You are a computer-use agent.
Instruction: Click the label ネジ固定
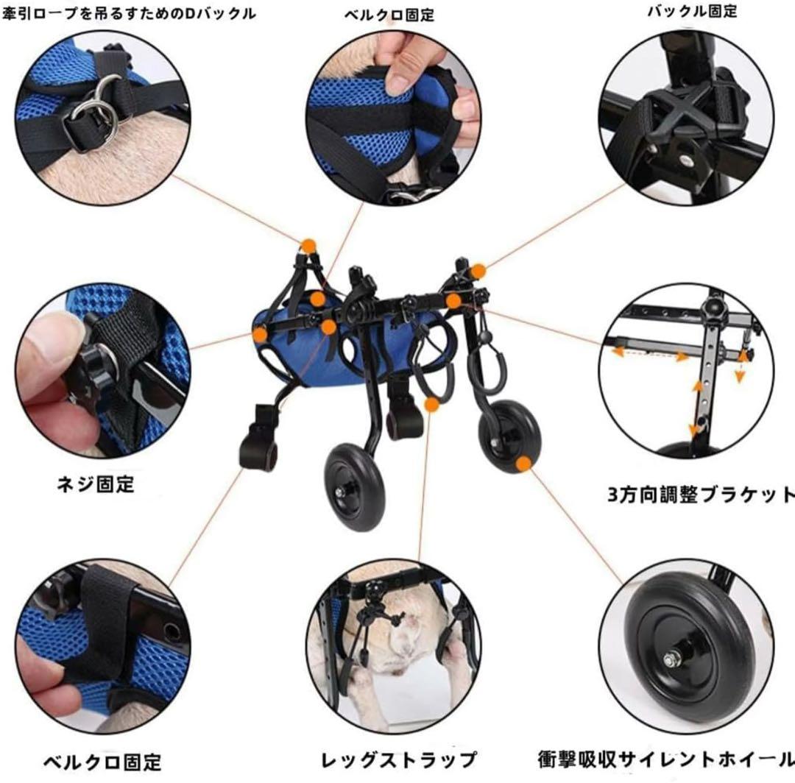(96, 485)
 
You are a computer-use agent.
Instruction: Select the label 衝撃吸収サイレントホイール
(666, 759)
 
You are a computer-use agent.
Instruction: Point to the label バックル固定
(691, 11)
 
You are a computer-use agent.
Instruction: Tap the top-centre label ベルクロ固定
(389, 15)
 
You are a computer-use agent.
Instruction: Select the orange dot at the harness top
(308, 245)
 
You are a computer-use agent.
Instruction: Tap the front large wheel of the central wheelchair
(355, 486)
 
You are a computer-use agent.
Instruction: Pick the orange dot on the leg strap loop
(432, 404)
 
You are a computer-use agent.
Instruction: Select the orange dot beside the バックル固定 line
(478, 272)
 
